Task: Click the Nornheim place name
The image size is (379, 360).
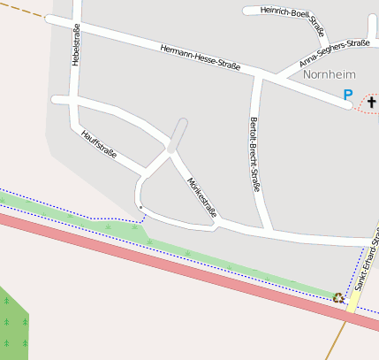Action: coord(328,75)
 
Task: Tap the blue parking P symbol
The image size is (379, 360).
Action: coord(348,95)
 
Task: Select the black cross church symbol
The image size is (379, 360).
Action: coord(370,103)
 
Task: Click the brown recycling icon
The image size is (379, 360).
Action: coord(337,297)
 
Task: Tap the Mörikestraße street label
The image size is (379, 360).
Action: coord(202,197)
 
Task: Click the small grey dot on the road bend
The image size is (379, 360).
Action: coord(140,206)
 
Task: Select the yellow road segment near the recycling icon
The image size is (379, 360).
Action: coord(352,302)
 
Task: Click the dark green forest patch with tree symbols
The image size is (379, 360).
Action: coord(12,323)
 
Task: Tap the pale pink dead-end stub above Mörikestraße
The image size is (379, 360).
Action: coord(178,134)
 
